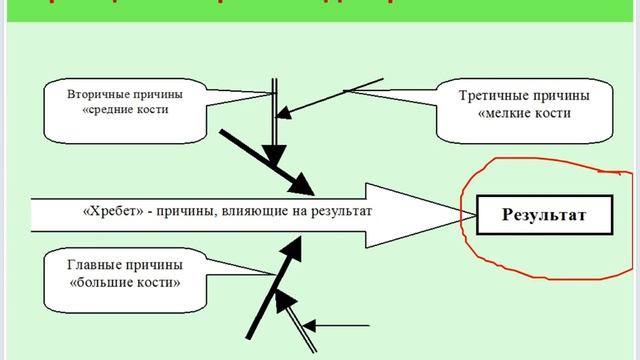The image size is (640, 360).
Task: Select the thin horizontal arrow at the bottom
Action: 340,325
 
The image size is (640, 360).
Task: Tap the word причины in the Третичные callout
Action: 563,96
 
